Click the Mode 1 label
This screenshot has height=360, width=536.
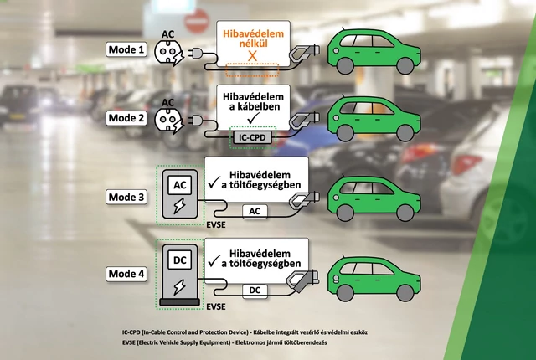pyautogui.click(x=126, y=49)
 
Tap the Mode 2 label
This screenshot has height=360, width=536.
pyautogui.click(x=126, y=118)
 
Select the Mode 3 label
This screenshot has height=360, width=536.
pyautogui.click(x=126, y=197)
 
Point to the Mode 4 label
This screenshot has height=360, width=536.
pyautogui.click(x=126, y=274)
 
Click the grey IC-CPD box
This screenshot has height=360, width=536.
pyautogui.click(x=253, y=137)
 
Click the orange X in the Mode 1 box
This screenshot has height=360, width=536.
pyautogui.click(x=252, y=56)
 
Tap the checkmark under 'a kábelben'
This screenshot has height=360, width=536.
pyautogui.click(x=253, y=118)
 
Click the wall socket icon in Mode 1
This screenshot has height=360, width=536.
pyautogui.click(x=168, y=52)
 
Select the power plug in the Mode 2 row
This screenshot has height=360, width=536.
pyautogui.click(x=195, y=121)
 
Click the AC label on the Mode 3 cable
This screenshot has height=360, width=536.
pyautogui.click(x=255, y=212)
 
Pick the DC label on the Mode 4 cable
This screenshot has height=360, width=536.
pyautogui.click(x=255, y=291)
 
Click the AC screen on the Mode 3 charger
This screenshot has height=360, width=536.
pyautogui.click(x=180, y=185)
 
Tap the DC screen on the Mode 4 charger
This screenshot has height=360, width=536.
pyautogui.click(x=180, y=260)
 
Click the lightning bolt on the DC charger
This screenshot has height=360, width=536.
pyautogui.click(x=179, y=287)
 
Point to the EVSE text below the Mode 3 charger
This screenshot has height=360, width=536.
pyautogui.click(x=216, y=224)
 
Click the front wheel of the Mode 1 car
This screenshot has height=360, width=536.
pyautogui.click(x=345, y=66)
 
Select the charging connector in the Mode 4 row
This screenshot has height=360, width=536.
pyautogui.click(x=301, y=280)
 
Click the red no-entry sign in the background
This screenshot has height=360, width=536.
pyautogui.click(x=197, y=20)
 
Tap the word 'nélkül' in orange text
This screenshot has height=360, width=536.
pyautogui.click(x=253, y=44)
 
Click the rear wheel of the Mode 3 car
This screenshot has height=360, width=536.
pyautogui.click(x=405, y=213)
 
